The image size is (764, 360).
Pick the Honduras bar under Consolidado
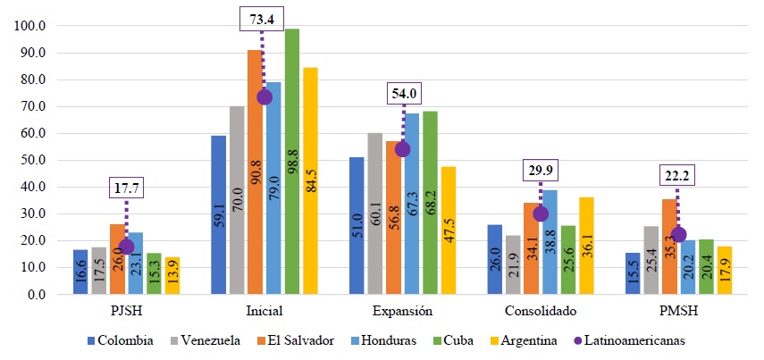tap(550, 242)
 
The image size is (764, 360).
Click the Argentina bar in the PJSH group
tap(172, 276)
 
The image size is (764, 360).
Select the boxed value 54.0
tap(402, 93)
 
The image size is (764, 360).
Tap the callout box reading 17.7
tap(126, 188)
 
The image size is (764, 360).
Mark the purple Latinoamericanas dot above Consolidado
tap(541, 213)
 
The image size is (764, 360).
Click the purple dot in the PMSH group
tap(677, 235)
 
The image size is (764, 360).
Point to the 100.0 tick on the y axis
tap(32, 26)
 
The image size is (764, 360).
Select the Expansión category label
tap(402, 311)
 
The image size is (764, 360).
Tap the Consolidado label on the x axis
tap(540, 311)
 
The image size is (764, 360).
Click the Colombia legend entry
tap(126, 340)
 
